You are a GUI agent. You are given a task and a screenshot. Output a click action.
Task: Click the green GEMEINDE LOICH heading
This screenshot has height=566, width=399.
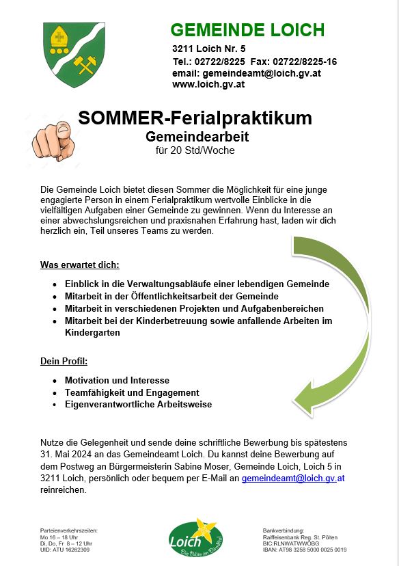coord(247,30)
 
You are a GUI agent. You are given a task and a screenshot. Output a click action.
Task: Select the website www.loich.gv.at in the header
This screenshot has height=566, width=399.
coord(208,85)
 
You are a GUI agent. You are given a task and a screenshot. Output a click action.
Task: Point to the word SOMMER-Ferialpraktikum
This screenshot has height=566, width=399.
coord(195,118)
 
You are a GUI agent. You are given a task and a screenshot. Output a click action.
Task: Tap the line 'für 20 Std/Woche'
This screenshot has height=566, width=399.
coord(195,150)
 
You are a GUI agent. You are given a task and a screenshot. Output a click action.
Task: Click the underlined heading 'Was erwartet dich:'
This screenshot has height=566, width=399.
coord(80,265)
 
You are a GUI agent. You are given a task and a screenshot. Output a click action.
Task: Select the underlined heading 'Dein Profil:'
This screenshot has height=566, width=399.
coord(64,361)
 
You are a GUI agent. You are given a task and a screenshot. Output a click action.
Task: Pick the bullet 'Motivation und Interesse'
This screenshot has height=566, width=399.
coord(117,380)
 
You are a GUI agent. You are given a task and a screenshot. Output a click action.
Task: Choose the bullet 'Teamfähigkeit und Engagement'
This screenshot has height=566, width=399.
coord(132,392)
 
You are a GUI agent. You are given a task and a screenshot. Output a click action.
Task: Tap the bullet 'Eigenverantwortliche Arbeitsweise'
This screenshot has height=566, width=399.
coord(138,404)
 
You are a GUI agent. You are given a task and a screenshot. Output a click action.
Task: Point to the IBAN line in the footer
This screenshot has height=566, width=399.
coord(304,550)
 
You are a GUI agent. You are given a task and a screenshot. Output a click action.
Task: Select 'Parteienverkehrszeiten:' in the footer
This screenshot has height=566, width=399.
coord(70,531)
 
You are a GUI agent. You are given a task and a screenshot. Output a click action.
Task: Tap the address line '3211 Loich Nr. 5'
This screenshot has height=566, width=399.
coord(209,49)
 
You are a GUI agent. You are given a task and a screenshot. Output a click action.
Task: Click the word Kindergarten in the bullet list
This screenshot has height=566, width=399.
coord(92,333)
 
